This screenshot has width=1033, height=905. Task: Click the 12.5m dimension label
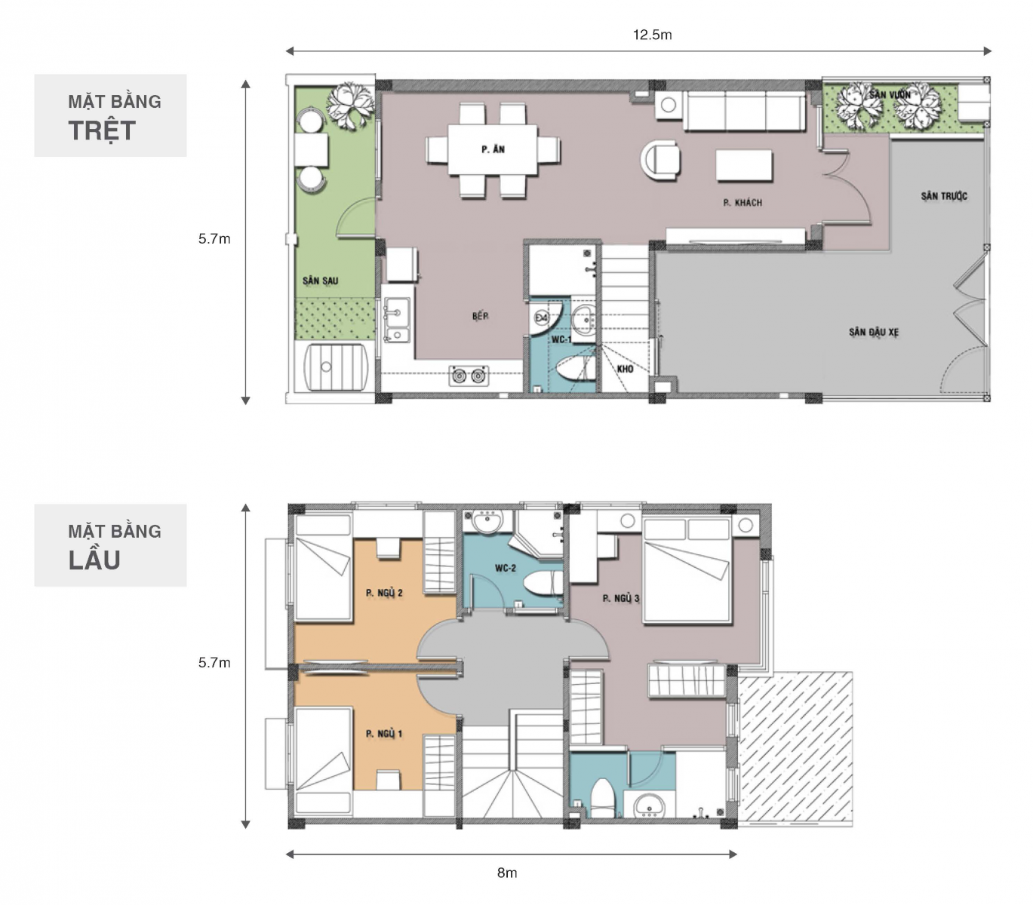pyautogui.click(x=652, y=35)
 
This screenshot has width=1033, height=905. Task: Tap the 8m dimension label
pyautogui.click(x=507, y=873)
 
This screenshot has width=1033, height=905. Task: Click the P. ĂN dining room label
pyautogui.click(x=493, y=149)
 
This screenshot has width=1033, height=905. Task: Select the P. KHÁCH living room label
pyautogui.click(x=742, y=203)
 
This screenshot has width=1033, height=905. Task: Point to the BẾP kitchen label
pyautogui.click(x=481, y=316)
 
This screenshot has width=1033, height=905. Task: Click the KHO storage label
pyautogui.click(x=625, y=369)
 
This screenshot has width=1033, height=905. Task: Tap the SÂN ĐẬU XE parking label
pyautogui.click(x=874, y=333)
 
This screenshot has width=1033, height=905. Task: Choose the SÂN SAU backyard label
pyautogui.click(x=320, y=281)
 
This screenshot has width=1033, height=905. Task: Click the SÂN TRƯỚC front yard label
pyautogui.click(x=944, y=196)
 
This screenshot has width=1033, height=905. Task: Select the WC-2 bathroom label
pyautogui.click(x=506, y=568)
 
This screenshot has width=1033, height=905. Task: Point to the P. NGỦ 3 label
pyautogui.click(x=620, y=598)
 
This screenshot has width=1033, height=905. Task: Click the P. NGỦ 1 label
pyautogui.click(x=384, y=734)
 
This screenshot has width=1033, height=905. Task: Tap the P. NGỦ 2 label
pyautogui.click(x=384, y=593)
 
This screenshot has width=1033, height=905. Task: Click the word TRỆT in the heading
pyautogui.click(x=102, y=131)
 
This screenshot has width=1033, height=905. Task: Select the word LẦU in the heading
pyautogui.click(x=94, y=560)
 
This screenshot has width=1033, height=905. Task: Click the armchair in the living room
pyautogui.click(x=661, y=160)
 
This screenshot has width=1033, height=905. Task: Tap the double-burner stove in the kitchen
pyautogui.click(x=469, y=376)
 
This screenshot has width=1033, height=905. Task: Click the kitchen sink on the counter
pyautogui.click(x=397, y=320)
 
